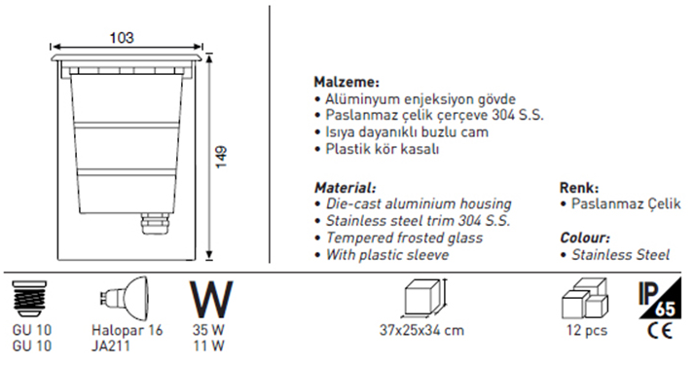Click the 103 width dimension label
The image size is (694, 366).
coord(122,38)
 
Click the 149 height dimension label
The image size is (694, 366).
coord(220,157)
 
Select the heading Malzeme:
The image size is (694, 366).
coord(347,82)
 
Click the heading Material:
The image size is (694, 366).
coord(346,188)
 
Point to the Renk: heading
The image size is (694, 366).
coord(579,188)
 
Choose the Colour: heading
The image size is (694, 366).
coord(585,238)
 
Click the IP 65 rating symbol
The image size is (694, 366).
coord(659,298)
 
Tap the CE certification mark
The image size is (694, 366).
coord(659,330)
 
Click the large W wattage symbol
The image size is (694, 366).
coord(211,298)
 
